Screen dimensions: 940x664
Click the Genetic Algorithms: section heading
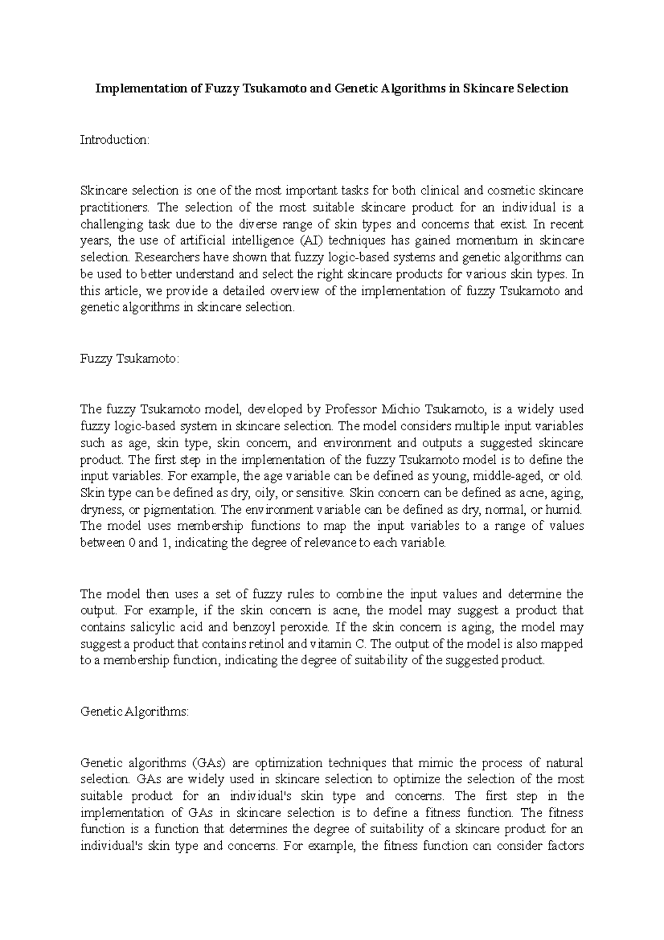coord(135,712)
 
